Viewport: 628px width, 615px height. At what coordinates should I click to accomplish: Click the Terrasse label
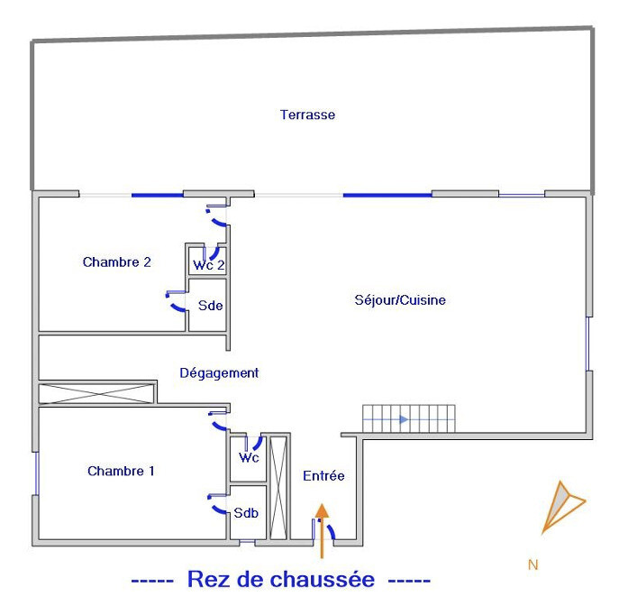pyautogui.click(x=307, y=115)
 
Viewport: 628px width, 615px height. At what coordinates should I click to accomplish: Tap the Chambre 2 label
pyautogui.click(x=116, y=262)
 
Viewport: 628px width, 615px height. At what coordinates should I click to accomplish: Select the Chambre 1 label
pyautogui.click(x=121, y=471)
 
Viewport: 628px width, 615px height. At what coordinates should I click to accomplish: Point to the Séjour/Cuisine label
pyautogui.click(x=400, y=300)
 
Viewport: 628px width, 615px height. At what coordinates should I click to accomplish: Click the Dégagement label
pyautogui.click(x=219, y=372)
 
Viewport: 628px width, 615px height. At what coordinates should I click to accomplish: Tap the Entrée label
pyautogui.click(x=323, y=475)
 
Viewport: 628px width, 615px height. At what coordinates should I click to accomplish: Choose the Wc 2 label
pyautogui.click(x=208, y=265)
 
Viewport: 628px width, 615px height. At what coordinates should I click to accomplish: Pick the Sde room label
pyautogui.click(x=210, y=305)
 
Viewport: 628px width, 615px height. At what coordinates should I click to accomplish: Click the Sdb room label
pyautogui.click(x=246, y=513)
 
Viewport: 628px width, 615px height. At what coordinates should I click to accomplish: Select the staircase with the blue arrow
pyautogui.click(x=409, y=419)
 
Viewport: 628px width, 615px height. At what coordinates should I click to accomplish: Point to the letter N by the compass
pyautogui.click(x=532, y=565)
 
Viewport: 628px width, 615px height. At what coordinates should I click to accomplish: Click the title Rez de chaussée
pyautogui.click(x=280, y=580)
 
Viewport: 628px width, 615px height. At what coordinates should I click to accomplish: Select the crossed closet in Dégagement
pyautogui.click(x=94, y=392)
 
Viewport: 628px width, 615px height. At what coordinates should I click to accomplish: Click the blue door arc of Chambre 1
pyautogui.click(x=219, y=423)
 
